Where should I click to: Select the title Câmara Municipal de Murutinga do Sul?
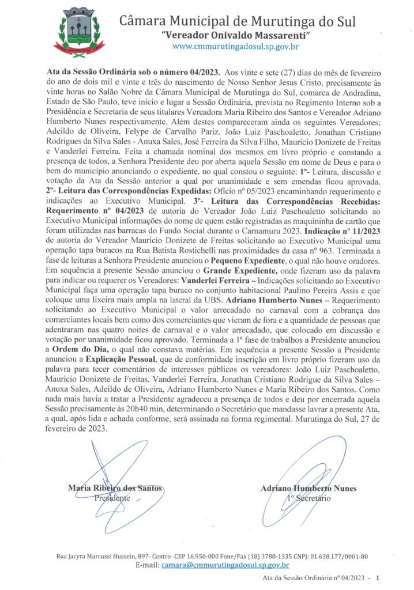[x=237, y=22]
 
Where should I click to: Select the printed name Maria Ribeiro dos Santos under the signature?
[x=115, y=488]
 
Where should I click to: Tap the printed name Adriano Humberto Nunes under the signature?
[x=308, y=488]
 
